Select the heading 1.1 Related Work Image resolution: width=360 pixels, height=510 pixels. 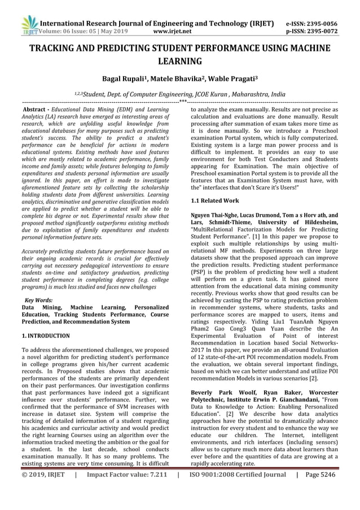(x=215, y=200)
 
